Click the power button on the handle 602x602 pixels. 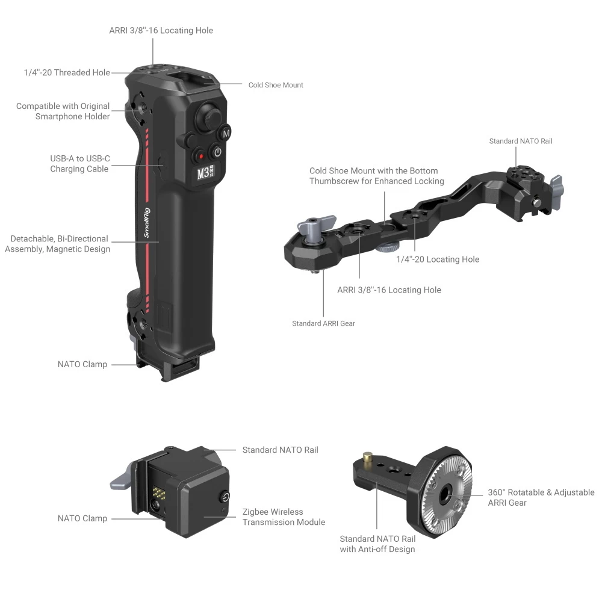click(218, 152)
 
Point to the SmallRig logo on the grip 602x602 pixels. click(147, 223)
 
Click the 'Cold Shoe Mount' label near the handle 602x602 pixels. click(276, 85)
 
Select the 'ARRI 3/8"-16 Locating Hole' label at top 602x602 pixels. click(161, 30)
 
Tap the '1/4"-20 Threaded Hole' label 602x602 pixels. click(67, 72)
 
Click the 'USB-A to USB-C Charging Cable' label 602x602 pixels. click(79, 164)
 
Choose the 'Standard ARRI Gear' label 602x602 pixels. click(323, 323)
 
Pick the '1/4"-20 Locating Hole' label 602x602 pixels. click(438, 259)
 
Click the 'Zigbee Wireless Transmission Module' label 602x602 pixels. click(284, 517)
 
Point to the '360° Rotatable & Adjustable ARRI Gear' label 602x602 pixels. click(541, 497)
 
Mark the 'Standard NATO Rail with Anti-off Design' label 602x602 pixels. click(377, 544)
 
